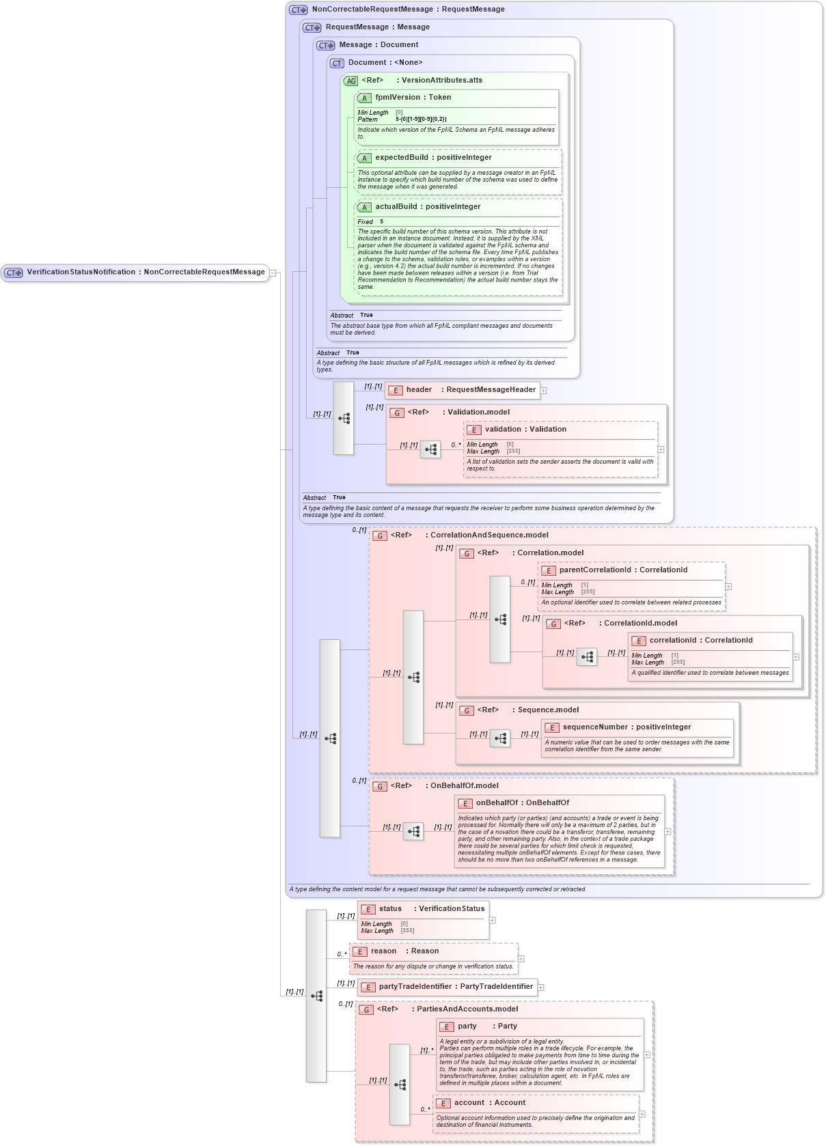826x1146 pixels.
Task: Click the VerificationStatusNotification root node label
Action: click(x=81, y=272)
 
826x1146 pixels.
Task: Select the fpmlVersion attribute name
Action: click(x=398, y=98)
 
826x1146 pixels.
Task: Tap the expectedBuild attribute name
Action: click(x=402, y=158)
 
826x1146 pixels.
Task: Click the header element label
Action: click(x=419, y=390)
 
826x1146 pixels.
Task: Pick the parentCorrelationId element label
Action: click(x=594, y=570)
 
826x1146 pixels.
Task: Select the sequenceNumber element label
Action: click(x=594, y=727)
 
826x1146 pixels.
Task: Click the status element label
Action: click(x=390, y=909)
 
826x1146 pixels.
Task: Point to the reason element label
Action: click(x=383, y=951)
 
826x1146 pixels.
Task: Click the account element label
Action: click(x=469, y=1103)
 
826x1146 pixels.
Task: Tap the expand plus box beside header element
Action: click(x=544, y=391)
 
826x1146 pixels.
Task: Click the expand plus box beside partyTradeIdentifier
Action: click(x=541, y=988)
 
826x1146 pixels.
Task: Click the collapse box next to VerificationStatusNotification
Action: click(x=273, y=272)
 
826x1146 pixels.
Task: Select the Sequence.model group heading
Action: click(x=548, y=710)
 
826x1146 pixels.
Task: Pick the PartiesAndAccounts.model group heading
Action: click(x=467, y=1009)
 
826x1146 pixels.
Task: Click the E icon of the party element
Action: click(x=447, y=1027)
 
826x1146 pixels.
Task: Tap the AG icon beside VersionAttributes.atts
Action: click(x=351, y=81)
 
